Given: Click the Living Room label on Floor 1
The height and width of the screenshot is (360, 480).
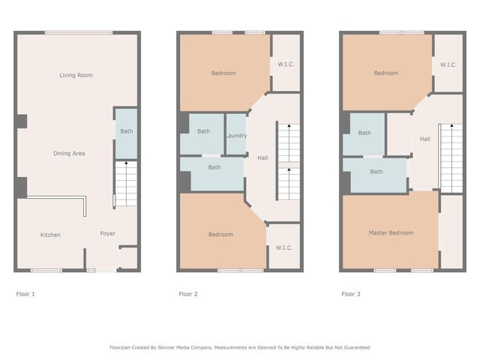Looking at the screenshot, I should pos(76,75).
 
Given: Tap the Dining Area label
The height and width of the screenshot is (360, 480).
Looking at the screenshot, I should pos(69,153).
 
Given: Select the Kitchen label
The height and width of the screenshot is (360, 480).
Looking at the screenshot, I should pos(50,235).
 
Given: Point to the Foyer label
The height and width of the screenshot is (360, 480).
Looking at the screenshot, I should pos(108,234).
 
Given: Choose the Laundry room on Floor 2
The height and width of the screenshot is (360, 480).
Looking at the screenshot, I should pos(236,135).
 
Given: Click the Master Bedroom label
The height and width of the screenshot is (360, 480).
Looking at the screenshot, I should pos(391,232).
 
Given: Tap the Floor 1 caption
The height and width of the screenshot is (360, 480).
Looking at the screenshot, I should pos(25,294).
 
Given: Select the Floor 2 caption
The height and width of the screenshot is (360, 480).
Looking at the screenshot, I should pos(188,294).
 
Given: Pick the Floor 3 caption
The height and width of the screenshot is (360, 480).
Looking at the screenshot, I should pos(351,294).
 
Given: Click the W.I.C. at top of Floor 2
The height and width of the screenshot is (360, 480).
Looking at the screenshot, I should pos(285,64).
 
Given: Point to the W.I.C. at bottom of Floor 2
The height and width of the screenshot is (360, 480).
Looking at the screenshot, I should pos(283,247).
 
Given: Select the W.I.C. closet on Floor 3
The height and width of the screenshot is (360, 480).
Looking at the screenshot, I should pos(448,64).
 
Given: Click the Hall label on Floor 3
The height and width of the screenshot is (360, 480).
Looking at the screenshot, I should pos(424,139).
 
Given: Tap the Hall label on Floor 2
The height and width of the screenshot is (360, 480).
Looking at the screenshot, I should pos(262,157).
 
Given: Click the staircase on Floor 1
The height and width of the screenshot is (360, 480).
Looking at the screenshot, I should pos(126,183).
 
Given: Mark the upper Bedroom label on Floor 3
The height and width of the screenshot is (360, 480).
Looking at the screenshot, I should pos(386,73).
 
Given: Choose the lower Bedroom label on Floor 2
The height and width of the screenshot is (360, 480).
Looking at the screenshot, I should pos(220,235).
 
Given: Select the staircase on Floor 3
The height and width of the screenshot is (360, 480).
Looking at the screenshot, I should pos(451,157).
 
